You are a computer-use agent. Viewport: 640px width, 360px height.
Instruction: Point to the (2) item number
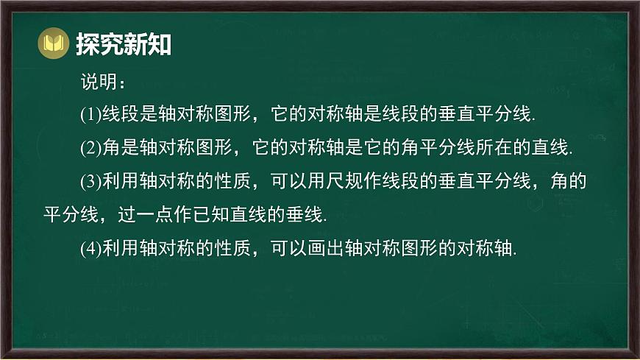[x=89, y=149]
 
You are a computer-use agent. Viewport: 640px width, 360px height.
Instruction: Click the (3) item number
[x=89, y=182]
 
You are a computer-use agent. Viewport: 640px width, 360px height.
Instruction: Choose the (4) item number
[x=89, y=249]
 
